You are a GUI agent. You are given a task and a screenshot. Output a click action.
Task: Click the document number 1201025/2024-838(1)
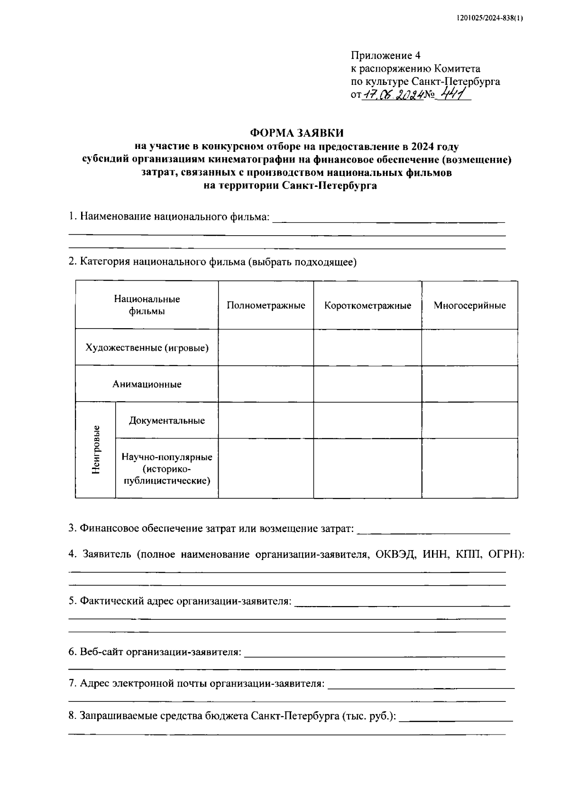[x=490, y=18]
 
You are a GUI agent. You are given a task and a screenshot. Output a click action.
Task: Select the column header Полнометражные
[x=266, y=305]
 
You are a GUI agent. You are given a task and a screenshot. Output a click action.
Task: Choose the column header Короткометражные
[x=367, y=305]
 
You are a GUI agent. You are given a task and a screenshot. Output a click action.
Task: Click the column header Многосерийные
[x=469, y=305]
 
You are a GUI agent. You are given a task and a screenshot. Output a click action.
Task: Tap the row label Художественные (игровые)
[x=147, y=348]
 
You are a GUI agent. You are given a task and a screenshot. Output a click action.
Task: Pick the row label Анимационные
[x=147, y=384]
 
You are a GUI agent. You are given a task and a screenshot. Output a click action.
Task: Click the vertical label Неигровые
[x=96, y=450]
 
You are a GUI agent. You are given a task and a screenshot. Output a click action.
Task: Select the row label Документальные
[x=167, y=420]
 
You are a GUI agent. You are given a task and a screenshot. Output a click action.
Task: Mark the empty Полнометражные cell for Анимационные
[x=266, y=384]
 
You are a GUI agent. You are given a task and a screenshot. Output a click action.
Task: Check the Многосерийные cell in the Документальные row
[x=469, y=420]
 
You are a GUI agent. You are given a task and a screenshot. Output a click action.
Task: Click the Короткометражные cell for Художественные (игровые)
[x=367, y=348]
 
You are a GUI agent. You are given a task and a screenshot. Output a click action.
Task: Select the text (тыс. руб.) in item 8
[x=369, y=716]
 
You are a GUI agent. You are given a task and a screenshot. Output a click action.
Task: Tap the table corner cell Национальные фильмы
[x=147, y=305]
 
